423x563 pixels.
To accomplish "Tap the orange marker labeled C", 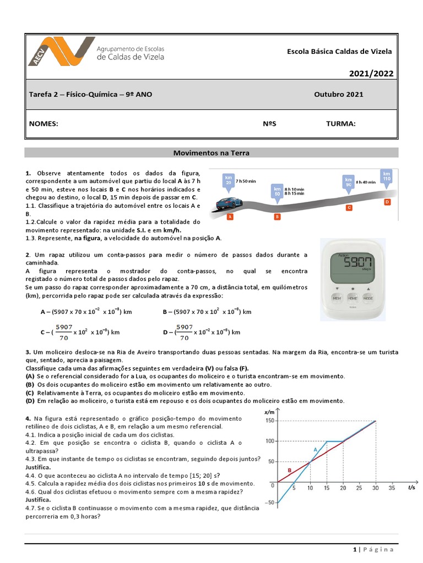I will click(349, 208).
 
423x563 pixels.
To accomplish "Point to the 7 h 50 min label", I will click(246, 180).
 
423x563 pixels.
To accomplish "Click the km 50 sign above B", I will click(277, 191).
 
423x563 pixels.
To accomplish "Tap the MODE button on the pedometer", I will click(368, 297).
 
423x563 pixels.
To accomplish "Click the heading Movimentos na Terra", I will click(211, 153).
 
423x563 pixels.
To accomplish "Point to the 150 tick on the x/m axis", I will click(269, 421).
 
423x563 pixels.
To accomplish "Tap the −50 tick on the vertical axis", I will click(268, 503).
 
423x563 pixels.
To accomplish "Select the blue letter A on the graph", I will click(315, 449).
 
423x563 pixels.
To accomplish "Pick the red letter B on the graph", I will click(289, 470).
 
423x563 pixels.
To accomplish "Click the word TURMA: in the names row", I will click(341, 124).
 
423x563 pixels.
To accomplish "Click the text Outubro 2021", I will click(339, 95).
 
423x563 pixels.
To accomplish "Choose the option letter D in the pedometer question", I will click(166, 332).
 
